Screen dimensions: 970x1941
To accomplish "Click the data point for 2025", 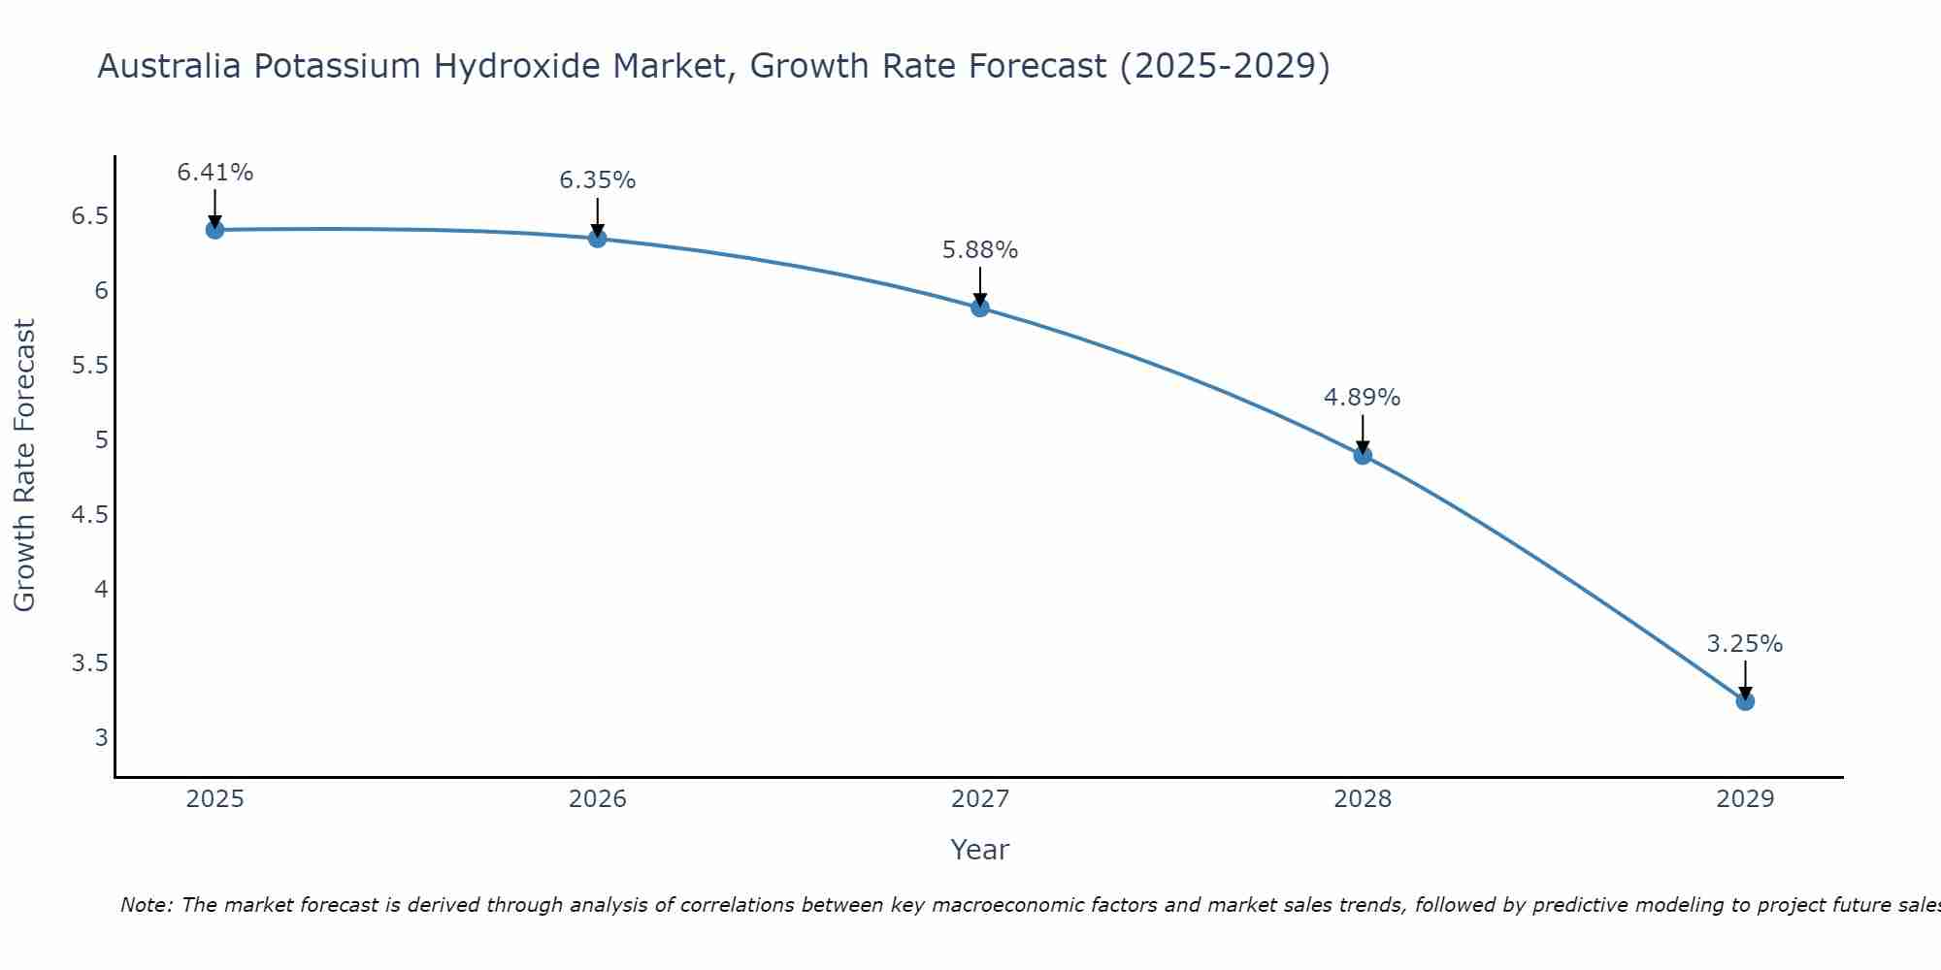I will pos(214,230).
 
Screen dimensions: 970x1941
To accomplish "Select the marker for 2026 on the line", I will pos(598,239).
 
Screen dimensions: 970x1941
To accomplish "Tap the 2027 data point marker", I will pos(980,308).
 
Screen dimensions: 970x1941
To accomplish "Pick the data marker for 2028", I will pos(1363,456).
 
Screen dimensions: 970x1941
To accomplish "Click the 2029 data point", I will pos(1745,701).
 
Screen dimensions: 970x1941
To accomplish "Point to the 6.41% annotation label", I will pos(214,173).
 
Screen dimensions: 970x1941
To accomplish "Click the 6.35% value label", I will pos(598,180).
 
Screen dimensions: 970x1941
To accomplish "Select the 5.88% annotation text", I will pos(980,250).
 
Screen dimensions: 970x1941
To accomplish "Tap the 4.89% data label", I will pos(1363,398).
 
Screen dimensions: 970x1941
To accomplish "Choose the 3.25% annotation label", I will pos(1745,644).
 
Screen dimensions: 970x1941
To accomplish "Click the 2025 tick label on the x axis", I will pos(214,799).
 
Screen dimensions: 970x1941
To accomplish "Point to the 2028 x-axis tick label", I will pos(1363,799).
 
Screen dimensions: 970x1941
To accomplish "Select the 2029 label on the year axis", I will pos(1745,799).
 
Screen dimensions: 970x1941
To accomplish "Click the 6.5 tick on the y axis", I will pos(89,216).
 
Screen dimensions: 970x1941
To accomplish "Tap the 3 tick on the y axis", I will pos(102,738).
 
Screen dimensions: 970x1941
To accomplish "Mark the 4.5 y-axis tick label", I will pos(89,514).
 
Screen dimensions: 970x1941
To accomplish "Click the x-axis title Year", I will pos(980,850).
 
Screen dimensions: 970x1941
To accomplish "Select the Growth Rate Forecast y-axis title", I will pos(25,466).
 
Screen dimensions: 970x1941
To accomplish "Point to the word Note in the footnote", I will pos(146,905).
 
